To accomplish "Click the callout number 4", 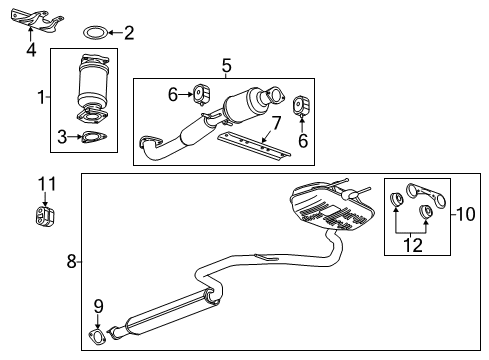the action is (31, 50).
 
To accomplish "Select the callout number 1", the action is (41, 97).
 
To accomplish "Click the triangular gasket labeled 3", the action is (94, 137).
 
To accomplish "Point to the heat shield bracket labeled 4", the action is (37, 21).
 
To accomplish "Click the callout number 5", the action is (226, 65).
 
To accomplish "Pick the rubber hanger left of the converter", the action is (201, 94).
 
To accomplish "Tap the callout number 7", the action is (276, 123).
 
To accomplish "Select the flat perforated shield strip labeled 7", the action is (253, 145).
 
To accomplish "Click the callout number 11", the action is (47, 184).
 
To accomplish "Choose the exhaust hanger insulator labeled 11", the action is (45, 216).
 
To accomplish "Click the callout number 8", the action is (71, 261).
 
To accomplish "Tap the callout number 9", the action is (98, 306).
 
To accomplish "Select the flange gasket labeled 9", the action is (97, 336).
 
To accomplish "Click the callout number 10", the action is (466, 214).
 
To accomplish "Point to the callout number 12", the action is (413, 245).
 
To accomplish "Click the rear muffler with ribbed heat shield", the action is (332, 207).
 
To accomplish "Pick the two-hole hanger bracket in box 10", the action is (426, 192).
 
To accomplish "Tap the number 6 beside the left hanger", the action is (173, 95).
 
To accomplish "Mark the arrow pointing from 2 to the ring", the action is (116, 33).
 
